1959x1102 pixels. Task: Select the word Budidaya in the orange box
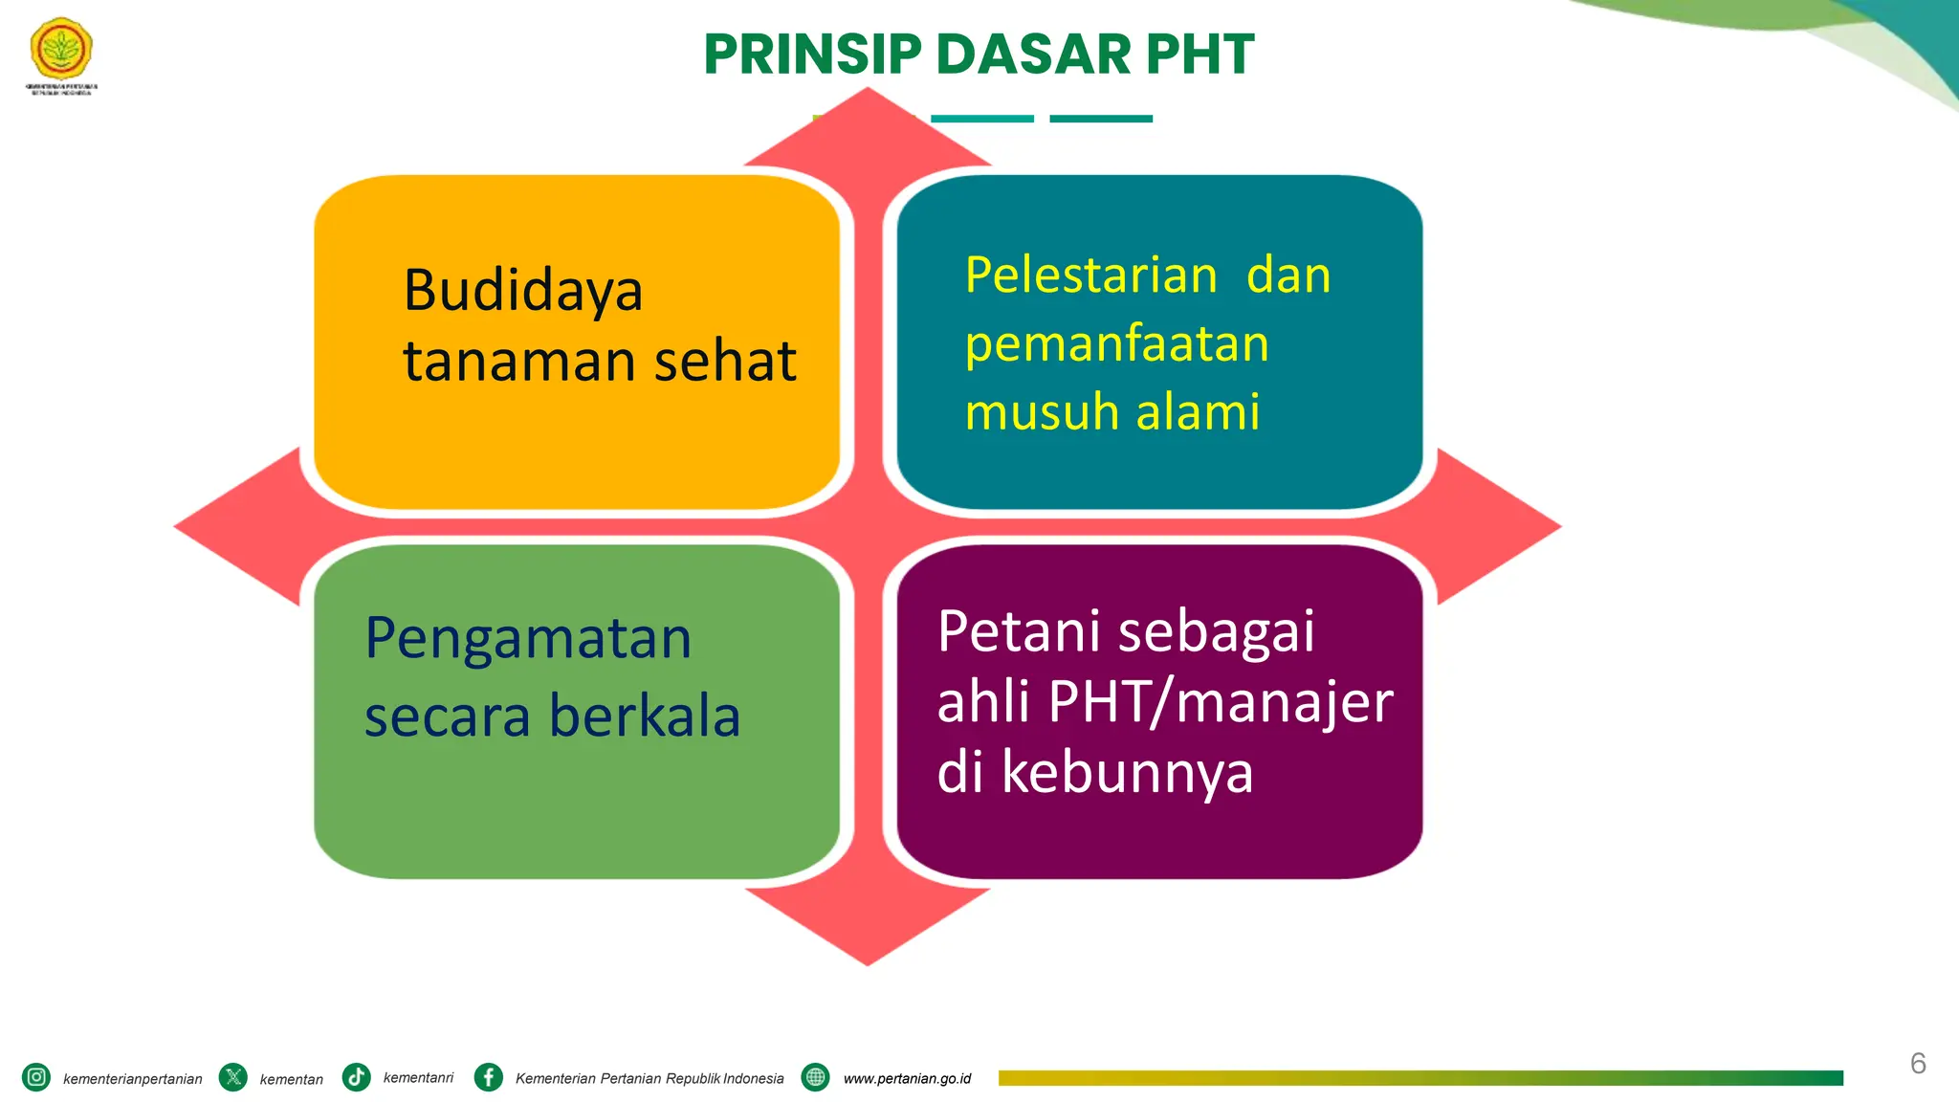tap(522, 291)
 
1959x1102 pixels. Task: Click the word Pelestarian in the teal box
tap(1090, 275)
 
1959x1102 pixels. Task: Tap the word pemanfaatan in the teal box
tap(1116, 344)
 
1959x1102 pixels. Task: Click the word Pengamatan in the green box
tap(528, 639)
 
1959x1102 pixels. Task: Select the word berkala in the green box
tap(645, 716)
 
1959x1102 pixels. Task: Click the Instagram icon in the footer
tap(36, 1077)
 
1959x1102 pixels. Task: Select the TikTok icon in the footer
tap(357, 1077)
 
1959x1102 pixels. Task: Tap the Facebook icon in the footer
tap(489, 1077)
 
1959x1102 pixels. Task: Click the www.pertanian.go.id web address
tap(907, 1078)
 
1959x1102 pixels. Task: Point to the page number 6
tap(1918, 1063)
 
